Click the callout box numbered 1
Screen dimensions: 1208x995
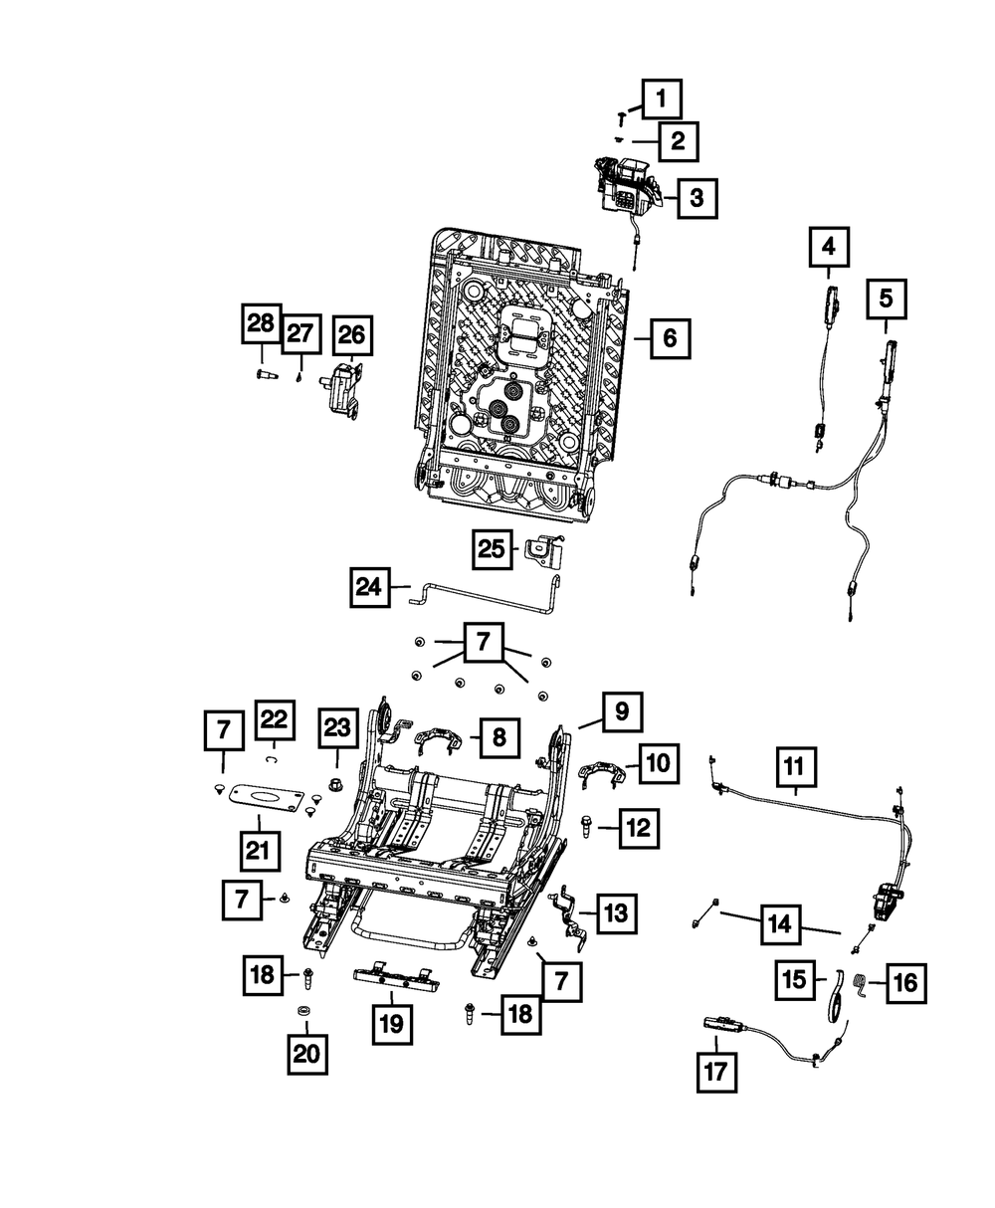662,100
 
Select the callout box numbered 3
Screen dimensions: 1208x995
696,198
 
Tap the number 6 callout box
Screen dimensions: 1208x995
669,339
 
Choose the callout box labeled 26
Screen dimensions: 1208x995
352,336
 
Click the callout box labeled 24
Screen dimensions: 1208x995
370,587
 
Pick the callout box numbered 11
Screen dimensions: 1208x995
793,767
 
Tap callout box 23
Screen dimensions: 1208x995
336,729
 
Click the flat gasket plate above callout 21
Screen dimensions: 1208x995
265,797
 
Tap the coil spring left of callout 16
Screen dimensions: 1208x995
863,987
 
